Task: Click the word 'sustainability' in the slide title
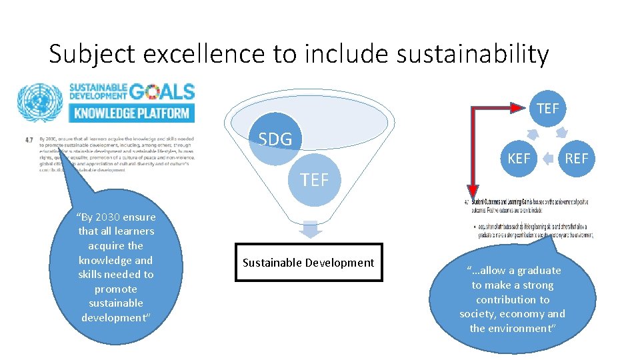(472, 54)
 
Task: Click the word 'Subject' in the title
(89, 54)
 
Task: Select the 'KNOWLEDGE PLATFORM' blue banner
(132, 113)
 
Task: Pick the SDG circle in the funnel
(275, 139)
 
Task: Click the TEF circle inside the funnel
(315, 179)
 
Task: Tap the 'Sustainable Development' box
(309, 263)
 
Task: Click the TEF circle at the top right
(547, 108)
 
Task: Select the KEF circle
(519, 158)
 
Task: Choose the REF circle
(577, 158)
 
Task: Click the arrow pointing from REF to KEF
(548, 159)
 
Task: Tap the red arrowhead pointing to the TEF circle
(521, 106)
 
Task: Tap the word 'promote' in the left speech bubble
(116, 289)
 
